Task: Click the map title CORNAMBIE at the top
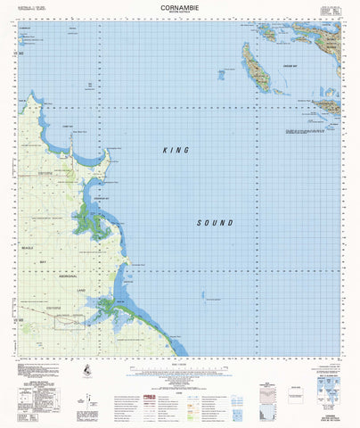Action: point(179,7)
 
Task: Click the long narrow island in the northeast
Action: point(258,71)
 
